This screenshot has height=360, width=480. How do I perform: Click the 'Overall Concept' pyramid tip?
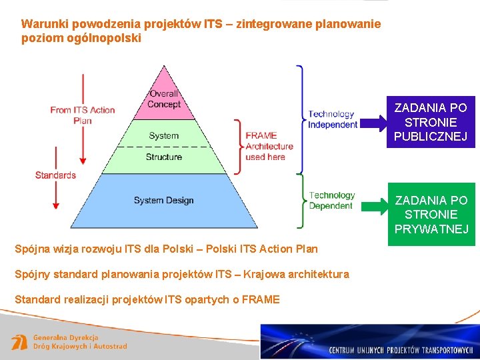pyautogui.click(x=164, y=98)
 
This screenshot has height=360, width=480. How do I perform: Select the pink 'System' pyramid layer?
pyautogui.click(x=164, y=135)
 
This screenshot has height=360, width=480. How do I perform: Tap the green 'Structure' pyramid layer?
pyautogui.click(x=164, y=157)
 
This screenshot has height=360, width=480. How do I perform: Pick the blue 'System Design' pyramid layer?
pyautogui.click(x=164, y=200)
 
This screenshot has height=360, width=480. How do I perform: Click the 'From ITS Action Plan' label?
pyautogui.click(x=83, y=115)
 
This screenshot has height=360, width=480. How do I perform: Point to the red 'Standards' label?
pyautogui.click(x=55, y=175)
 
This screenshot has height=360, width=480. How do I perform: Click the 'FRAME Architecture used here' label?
pyautogui.click(x=269, y=146)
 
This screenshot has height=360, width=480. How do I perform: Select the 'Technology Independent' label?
pyautogui.click(x=333, y=119)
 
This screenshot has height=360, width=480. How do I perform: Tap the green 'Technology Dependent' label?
pyautogui.click(x=332, y=200)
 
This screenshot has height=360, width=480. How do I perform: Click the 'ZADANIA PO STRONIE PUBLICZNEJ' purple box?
pyautogui.click(x=431, y=122)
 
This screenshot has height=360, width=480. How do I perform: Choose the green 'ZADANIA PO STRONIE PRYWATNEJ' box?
pyautogui.click(x=431, y=214)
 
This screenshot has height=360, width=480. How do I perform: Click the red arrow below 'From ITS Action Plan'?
pyautogui.click(x=83, y=143)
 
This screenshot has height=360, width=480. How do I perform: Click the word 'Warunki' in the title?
pyautogui.click(x=41, y=24)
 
